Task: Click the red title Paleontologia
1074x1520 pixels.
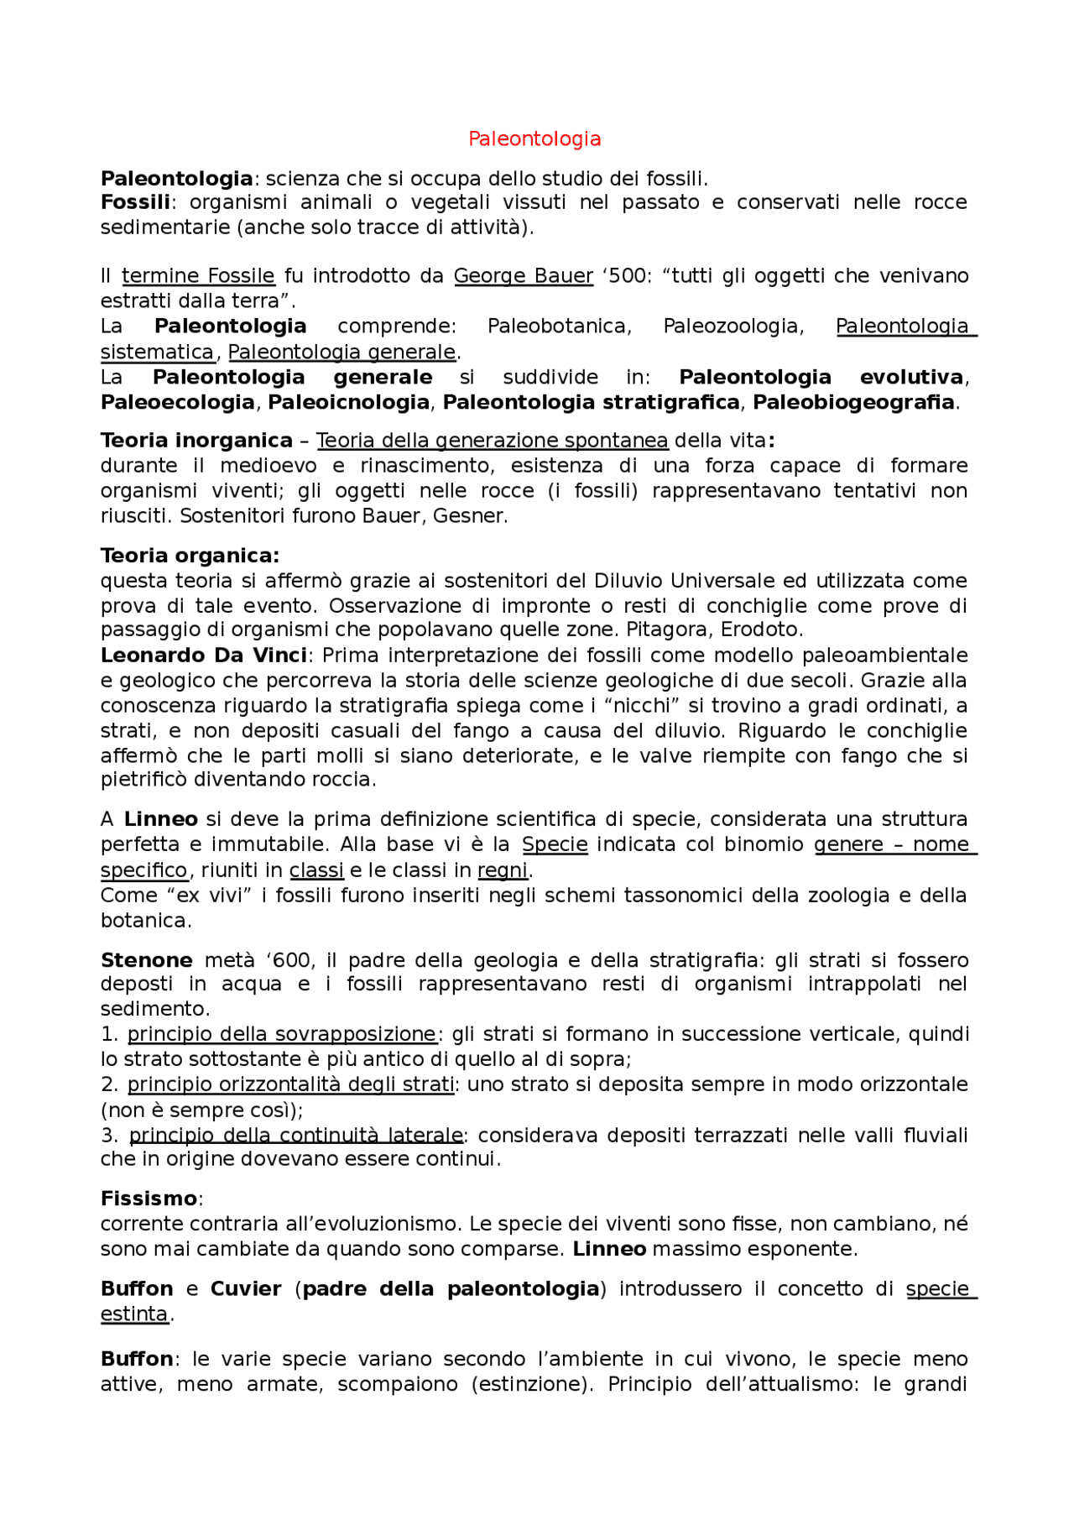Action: (534, 138)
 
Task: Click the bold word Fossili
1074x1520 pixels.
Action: (134, 202)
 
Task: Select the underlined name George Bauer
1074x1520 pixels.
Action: (523, 276)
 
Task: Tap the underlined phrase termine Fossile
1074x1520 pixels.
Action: (198, 276)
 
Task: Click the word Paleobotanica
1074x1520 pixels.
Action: (559, 326)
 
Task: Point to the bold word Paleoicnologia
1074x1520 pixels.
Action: (348, 403)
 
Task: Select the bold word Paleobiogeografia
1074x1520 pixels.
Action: (853, 403)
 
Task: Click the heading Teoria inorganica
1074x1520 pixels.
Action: (196, 441)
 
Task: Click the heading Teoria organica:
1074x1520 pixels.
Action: (190, 556)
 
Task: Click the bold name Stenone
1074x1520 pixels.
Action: (146, 960)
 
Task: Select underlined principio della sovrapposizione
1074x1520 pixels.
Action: (282, 1034)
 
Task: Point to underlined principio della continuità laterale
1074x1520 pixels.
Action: (295, 1136)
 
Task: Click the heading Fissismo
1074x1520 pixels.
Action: (149, 1199)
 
